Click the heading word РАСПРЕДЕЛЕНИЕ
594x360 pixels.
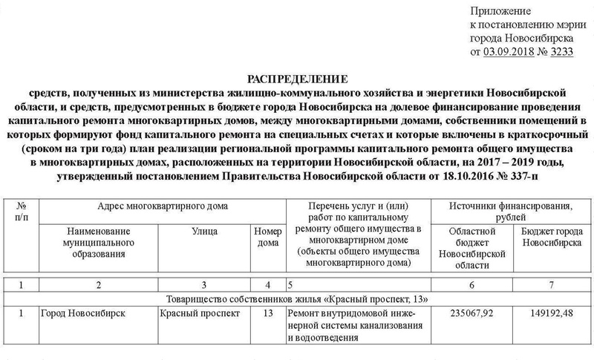point(296,79)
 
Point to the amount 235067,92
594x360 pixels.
point(474,313)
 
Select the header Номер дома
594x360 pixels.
point(265,238)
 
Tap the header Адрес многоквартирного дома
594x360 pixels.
point(162,206)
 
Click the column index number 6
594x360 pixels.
point(474,284)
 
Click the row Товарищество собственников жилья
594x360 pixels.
point(296,298)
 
